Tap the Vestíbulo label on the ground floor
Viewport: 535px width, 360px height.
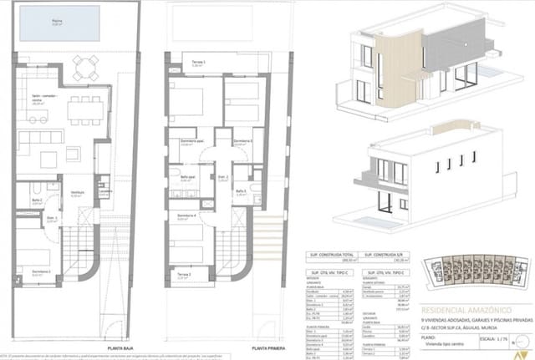pyautogui.click(x=76, y=192)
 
